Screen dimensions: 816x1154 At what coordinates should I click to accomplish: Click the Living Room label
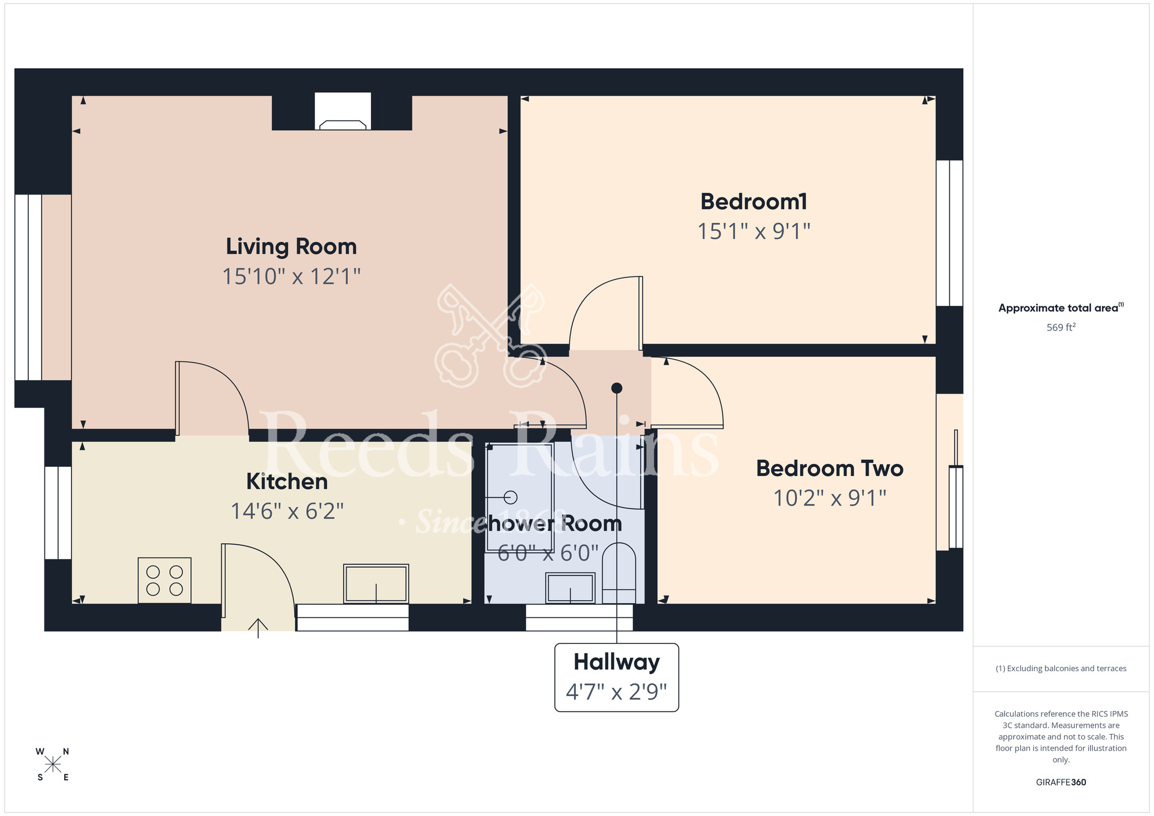(291, 246)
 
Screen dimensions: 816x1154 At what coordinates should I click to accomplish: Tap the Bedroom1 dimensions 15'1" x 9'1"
(754, 231)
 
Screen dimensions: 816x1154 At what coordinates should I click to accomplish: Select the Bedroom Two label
(829, 468)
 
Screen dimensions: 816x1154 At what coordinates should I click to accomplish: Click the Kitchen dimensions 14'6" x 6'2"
(287, 511)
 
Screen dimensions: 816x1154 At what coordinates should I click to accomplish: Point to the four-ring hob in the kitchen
(164, 581)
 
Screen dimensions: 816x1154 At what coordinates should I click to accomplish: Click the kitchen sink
(376, 583)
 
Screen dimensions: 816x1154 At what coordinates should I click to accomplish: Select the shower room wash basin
(570, 587)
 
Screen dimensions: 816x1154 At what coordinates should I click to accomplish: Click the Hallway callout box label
(616, 662)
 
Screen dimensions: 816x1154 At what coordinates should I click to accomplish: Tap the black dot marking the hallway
(617, 388)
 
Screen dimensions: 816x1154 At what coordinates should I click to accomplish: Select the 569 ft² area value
(1061, 327)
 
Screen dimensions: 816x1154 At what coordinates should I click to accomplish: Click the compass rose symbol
(53, 765)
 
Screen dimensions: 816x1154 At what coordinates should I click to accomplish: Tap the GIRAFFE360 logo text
(1061, 783)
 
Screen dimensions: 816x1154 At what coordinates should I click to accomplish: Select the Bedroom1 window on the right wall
(949, 233)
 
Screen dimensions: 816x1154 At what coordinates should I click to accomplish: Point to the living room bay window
(28, 287)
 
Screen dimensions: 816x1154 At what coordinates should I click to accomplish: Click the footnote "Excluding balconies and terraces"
(1061, 668)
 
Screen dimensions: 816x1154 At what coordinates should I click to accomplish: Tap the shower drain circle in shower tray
(511, 497)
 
